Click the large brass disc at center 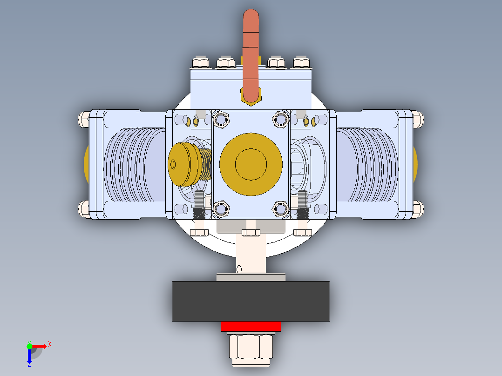pyautogui.click(x=251, y=163)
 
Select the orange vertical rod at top pyautogui.click(x=251, y=51)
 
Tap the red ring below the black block pyautogui.click(x=251, y=326)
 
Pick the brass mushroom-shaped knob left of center pyautogui.click(x=183, y=163)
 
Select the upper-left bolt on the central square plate pyautogui.click(x=221, y=120)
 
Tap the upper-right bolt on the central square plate pyautogui.click(x=281, y=120)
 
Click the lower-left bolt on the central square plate pyautogui.click(x=221, y=208)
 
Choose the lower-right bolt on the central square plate pyautogui.click(x=281, y=208)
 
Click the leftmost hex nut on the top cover pyautogui.click(x=201, y=62)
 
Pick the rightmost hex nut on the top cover pyautogui.click(x=301, y=62)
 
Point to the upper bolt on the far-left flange pyautogui.click(x=84, y=119)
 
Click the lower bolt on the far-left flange pyautogui.click(x=84, y=208)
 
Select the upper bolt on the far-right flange pyautogui.click(x=418, y=119)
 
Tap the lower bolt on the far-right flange pyautogui.click(x=418, y=208)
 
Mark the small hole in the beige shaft pyautogui.click(x=239, y=269)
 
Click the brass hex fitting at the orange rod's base pyautogui.click(x=251, y=97)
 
